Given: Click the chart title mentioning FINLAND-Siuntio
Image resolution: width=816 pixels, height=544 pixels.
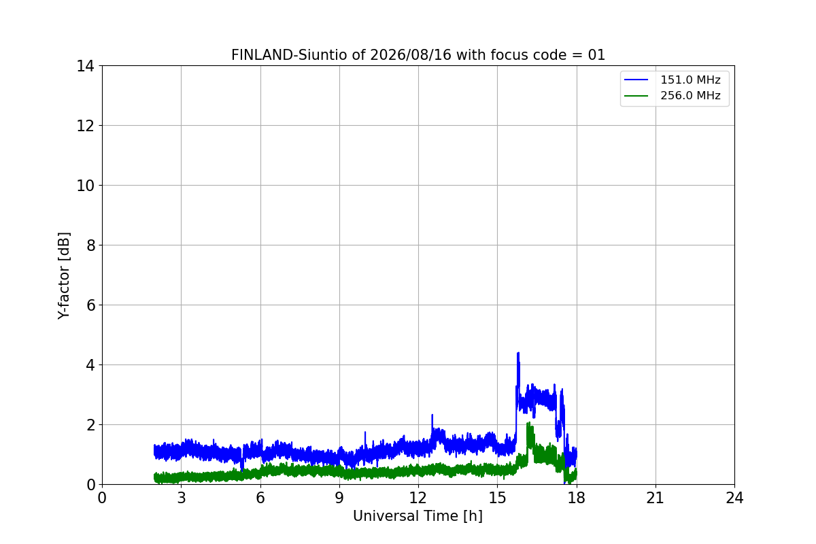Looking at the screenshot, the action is click(x=418, y=55).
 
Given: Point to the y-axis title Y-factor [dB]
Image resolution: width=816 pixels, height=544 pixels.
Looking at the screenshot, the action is click(x=64, y=276).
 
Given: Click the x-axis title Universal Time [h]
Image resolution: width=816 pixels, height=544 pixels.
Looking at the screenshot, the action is click(x=418, y=516).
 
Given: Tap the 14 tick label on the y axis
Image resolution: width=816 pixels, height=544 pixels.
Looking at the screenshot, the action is click(x=85, y=67).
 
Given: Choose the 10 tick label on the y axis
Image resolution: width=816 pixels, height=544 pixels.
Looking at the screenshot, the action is click(x=85, y=186).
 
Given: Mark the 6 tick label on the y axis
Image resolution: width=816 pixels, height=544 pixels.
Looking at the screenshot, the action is click(x=90, y=305).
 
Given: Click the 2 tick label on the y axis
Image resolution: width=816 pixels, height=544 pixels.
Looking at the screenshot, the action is click(x=90, y=425).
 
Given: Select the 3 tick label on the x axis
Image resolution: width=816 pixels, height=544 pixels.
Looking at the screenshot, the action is click(x=182, y=498).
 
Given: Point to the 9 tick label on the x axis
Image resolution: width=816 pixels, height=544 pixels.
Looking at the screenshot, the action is click(x=339, y=498).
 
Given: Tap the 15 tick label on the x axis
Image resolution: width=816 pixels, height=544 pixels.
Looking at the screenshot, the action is click(x=498, y=498).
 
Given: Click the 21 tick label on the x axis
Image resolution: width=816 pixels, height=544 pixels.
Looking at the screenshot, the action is click(x=656, y=498).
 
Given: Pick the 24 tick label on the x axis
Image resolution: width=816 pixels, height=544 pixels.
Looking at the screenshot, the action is click(x=734, y=498).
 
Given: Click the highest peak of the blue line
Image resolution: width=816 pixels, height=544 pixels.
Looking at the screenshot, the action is click(x=518, y=353).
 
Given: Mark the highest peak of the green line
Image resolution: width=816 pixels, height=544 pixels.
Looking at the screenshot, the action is click(x=529, y=423).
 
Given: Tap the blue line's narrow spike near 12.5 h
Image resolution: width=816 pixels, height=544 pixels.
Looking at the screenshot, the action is click(x=432, y=415).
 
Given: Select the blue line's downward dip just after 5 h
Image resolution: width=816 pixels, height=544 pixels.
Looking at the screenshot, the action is click(x=242, y=470).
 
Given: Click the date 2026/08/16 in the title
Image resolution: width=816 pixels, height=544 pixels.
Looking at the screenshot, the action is click(x=411, y=55).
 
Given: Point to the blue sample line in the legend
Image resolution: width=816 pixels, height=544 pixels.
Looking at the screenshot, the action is click(x=636, y=80).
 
